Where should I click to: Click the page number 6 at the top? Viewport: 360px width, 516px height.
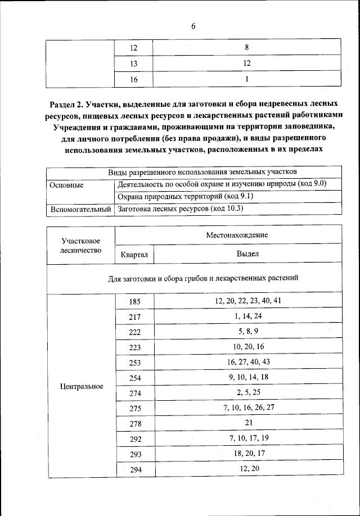193,25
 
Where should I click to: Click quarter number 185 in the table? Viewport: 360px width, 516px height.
134,302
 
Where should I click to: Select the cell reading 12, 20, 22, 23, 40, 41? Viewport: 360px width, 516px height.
247,301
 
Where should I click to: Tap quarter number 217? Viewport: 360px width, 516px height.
134,317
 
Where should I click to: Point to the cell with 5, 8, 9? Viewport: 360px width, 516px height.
247,331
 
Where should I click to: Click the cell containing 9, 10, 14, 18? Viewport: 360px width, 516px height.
247,377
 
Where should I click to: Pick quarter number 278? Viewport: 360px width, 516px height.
134,423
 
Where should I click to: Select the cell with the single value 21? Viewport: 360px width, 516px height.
247,422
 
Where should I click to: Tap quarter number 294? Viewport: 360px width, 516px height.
134,469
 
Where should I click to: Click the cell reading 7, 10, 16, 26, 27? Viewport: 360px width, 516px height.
247,407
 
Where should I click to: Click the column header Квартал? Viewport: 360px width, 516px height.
134,255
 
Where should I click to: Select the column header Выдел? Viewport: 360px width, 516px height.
247,254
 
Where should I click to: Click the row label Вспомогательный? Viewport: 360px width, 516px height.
80,210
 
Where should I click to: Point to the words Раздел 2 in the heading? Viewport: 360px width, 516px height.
66,104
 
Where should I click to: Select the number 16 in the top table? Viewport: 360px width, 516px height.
134,80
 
